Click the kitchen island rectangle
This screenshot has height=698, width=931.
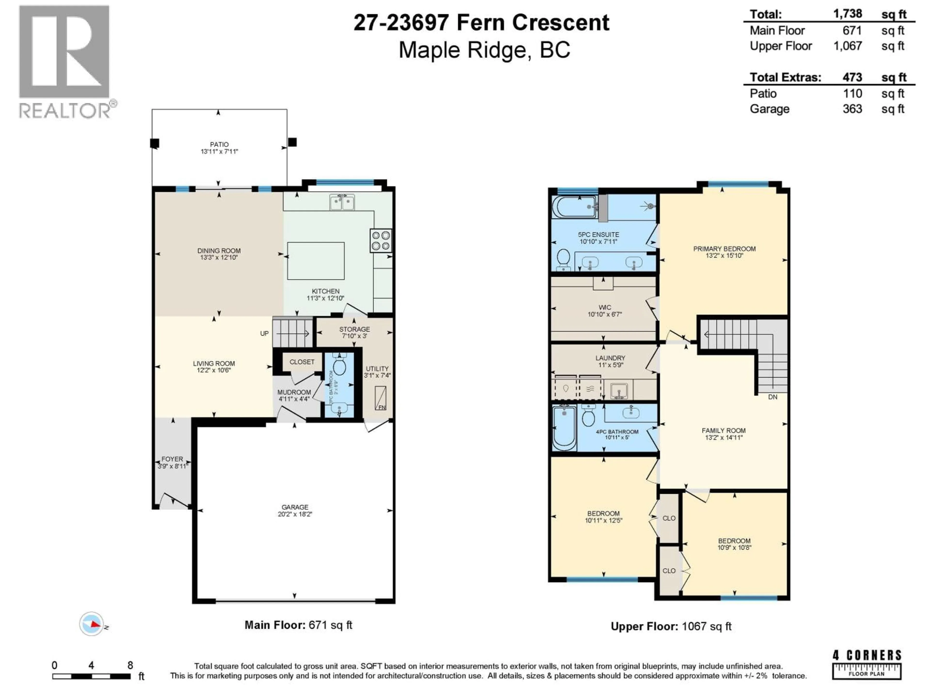pos(316,261)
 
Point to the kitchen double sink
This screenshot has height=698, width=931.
pos(342,202)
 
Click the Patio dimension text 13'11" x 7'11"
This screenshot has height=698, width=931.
pos(219,151)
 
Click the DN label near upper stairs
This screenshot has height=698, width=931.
pos(773,397)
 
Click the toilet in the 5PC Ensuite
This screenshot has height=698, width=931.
pos(563,259)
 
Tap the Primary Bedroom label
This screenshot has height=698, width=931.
pos(724,249)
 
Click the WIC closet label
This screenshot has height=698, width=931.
pos(605,307)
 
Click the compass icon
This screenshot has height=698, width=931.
pos(91,624)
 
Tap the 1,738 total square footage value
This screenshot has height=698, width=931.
pos(848,14)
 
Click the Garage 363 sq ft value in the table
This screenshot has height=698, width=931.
pos(852,109)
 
